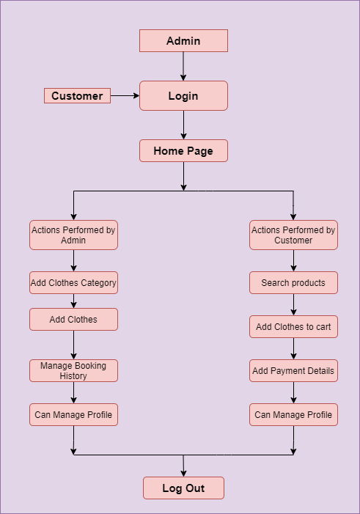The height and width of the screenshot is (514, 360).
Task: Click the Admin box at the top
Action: pyautogui.click(x=183, y=40)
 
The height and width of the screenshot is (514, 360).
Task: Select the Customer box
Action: pyautogui.click(x=78, y=96)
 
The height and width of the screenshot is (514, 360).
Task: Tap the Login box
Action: pyautogui.click(x=183, y=96)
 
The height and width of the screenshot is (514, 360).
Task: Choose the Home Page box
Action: pyautogui.click(x=183, y=151)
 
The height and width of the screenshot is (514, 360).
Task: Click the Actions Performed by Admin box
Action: pyautogui.click(x=73, y=235)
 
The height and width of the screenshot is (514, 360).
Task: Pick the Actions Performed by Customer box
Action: pyautogui.click(x=293, y=235)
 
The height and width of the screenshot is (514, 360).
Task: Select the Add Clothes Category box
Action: pyautogui.click(x=73, y=282)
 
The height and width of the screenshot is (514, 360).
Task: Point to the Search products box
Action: pyautogui.click(x=293, y=282)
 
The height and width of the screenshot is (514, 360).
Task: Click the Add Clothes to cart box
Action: pyautogui.click(x=293, y=326)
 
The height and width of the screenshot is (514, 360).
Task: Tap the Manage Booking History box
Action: pyautogui.click(x=73, y=370)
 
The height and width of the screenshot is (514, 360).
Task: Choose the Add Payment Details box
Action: pyautogui.click(x=293, y=370)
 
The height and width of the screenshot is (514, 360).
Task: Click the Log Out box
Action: pyautogui.click(x=183, y=488)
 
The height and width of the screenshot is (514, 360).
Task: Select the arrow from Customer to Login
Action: pyautogui.click(x=125, y=96)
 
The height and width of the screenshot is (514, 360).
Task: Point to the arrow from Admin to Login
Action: pyautogui.click(x=183, y=66)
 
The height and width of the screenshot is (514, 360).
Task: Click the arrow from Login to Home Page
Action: pyautogui.click(x=183, y=125)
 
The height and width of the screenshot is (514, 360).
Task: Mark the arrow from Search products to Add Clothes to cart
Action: pyautogui.click(x=293, y=304)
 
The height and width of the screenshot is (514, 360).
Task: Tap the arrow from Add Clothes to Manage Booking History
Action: pyautogui.click(x=73, y=345)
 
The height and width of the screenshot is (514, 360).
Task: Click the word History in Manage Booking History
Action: pyautogui.click(x=73, y=375)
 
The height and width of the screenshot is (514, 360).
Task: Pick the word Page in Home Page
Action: pyautogui.click(x=200, y=151)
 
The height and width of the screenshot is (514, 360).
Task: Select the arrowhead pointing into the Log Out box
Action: pyautogui.click(x=183, y=474)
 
